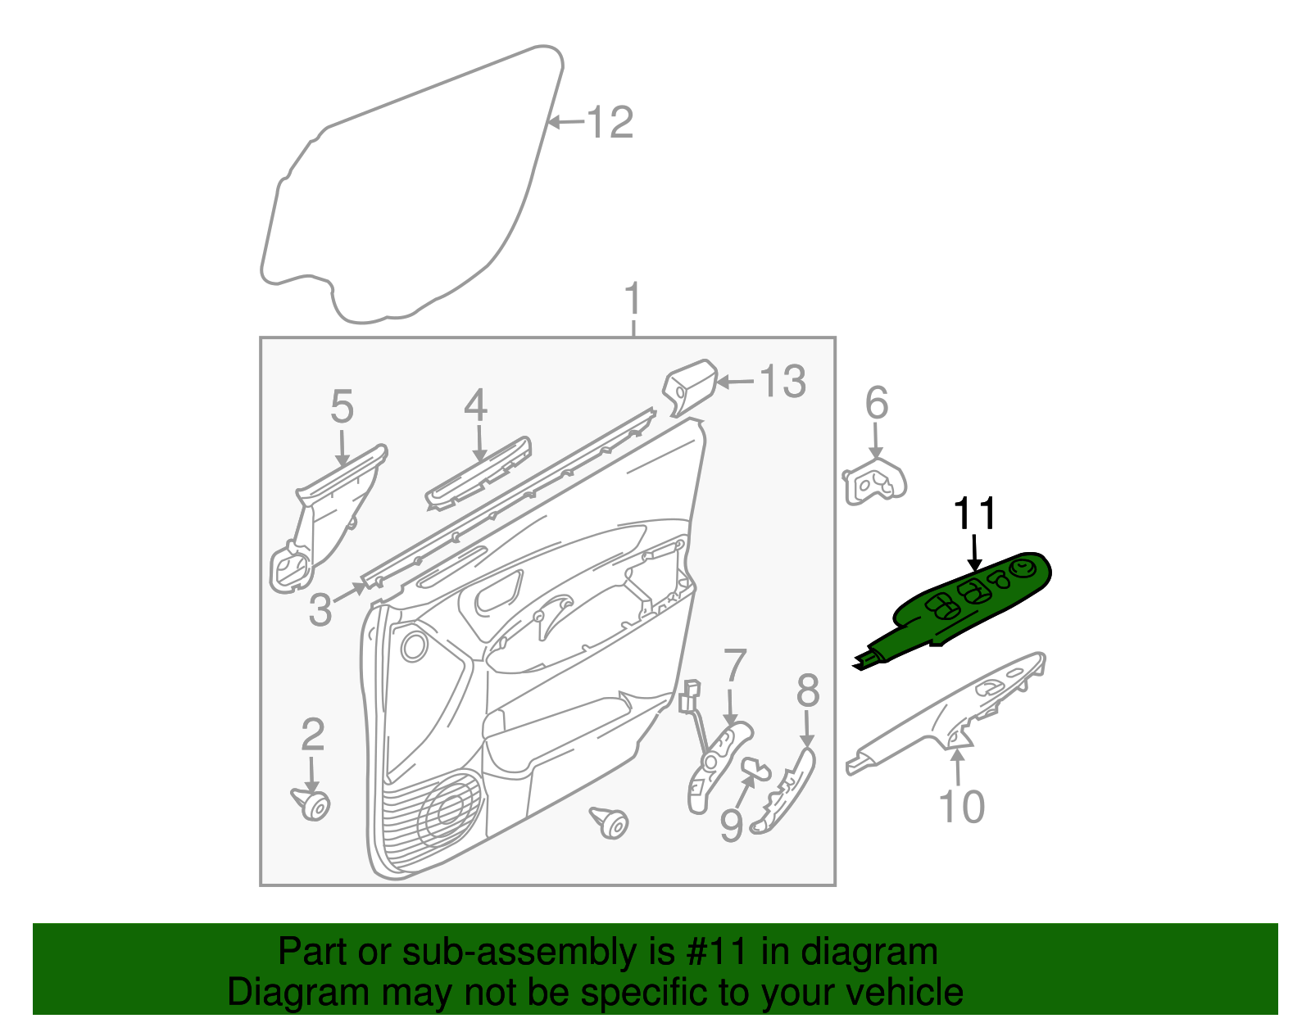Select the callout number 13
(x=783, y=382)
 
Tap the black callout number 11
(x=975, y=514)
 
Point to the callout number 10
(x=961, y=807)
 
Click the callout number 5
(x=342, y=407)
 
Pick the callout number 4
(x=475, y=406)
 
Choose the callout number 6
(x=877, y=403)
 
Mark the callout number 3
(x=320, y=609)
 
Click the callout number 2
(x=312, y=735)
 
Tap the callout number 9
(x=731, y=825)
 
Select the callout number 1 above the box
(x=633, y=300)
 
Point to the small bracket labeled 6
(x=875, y=484)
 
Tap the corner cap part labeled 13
(x=688, y=385)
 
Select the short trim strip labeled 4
(x=478, y=476)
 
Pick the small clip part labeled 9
(x=756, y=767)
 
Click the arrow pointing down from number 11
(x=974, y=553)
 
